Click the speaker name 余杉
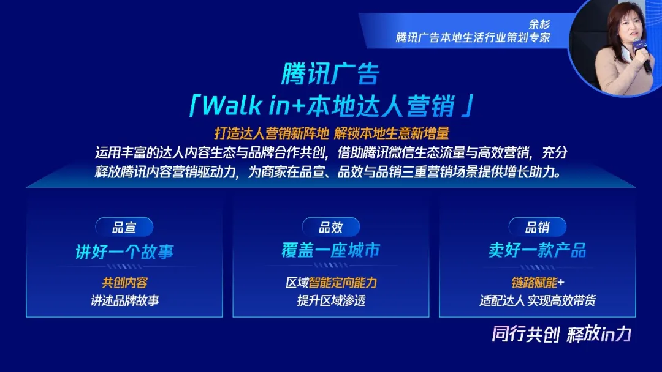tap(539, 24)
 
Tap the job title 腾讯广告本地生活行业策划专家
tap(473, 38)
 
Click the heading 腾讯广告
tap(330, 74)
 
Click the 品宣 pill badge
tap(124, 228)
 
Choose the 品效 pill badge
tap(330, 228)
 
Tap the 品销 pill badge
tap(537, 228)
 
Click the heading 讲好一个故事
tap(124, 251)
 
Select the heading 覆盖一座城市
tap(330, 250)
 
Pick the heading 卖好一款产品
tap(537, 250)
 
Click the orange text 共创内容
tap(124, 283)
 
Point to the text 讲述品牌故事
tap(124, 300)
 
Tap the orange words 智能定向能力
tap(343, 283)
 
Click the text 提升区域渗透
tap(330, 300)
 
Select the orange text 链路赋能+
tap(537, 283)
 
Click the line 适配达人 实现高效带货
tap(537, 300)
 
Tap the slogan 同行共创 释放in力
tap(561, 334)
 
